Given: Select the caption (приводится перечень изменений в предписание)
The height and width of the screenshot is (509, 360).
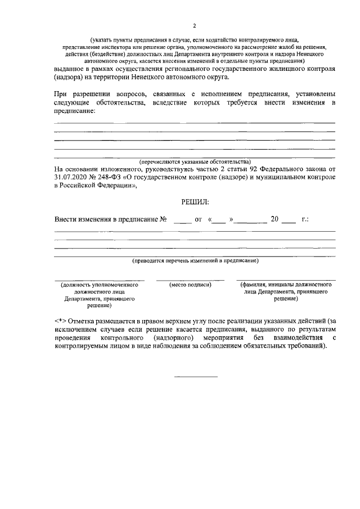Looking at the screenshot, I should pyautogui.click(x=195, y=261).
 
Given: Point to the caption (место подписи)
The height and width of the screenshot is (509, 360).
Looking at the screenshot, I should pyautogui.click(x=190, y=286).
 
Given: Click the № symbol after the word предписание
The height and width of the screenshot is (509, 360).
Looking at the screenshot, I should pyautogui.click(x=164, y=219).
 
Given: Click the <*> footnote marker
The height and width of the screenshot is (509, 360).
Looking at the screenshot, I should pyautogui.click(x=60, y=320).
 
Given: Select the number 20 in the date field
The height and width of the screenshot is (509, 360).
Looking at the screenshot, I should pyautogui.click(x=274, y=219).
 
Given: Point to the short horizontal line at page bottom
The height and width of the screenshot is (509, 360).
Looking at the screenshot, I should pyautogui.click(x=195, y=376).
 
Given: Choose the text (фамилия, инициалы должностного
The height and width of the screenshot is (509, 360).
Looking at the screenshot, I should pyautogui.click(x=286, y=286).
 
